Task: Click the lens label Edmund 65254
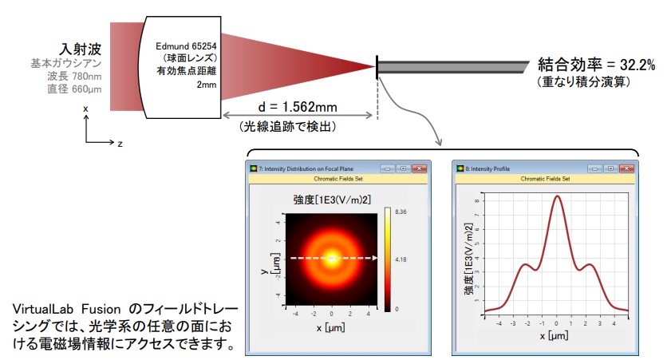point(186,46)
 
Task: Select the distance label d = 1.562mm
point(298,107)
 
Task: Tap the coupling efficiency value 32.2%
point(637,65)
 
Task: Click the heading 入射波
point(81,49)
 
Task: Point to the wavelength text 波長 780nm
point(74,76)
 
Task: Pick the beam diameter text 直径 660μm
point(74,89)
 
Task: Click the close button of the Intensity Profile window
point(626,168)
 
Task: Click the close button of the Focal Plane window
point(419,168)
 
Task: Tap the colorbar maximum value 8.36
point(401,212)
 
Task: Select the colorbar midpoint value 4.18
point(401,259)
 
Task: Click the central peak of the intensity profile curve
point(557,196)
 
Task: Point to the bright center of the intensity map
point(331,258)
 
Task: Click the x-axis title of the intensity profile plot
point(555,336)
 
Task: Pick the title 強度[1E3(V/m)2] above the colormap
point(332,199)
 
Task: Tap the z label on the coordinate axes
point(120,144)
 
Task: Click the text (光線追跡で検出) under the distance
point(287,126)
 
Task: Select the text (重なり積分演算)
point(583,81)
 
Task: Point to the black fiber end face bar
point(377,67)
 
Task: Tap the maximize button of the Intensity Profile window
point(610,168)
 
